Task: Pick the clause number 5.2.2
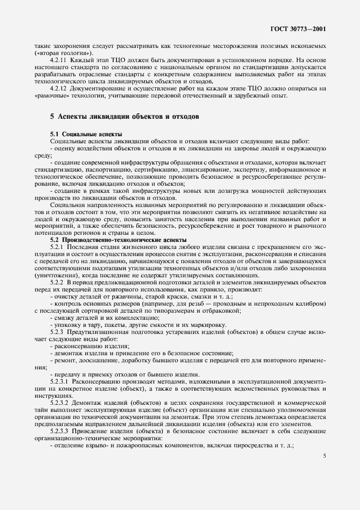[57, 282]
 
